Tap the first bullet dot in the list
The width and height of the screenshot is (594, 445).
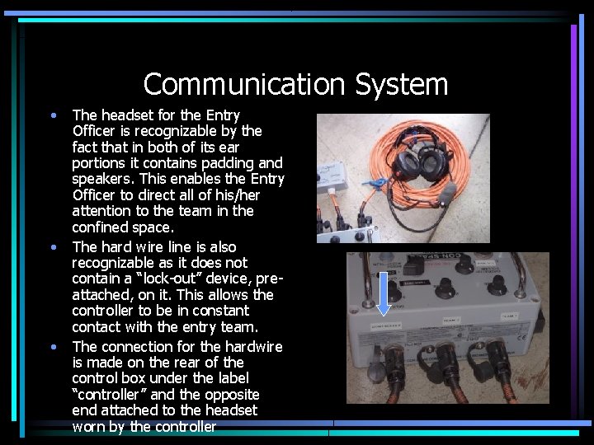54,115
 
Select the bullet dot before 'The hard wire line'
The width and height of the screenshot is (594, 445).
54,246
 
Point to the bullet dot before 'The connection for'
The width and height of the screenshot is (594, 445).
54,346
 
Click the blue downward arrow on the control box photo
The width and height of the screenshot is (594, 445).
384,297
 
